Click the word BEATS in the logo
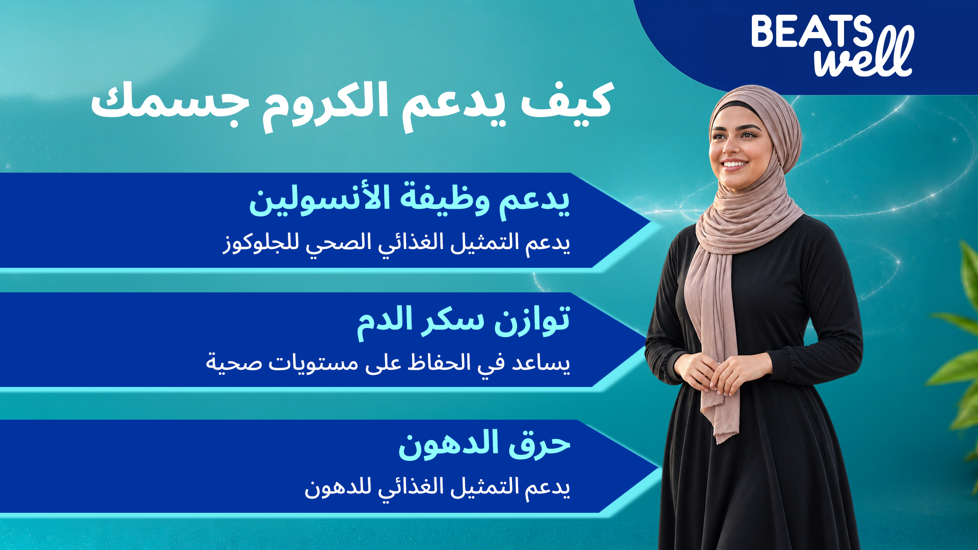[x=812, y=31]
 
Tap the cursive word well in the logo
[x=864, y=54]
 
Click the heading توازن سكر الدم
[x=463, y=322]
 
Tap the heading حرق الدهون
[x=484, y=444]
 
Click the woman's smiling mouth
[x=734, y=164]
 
